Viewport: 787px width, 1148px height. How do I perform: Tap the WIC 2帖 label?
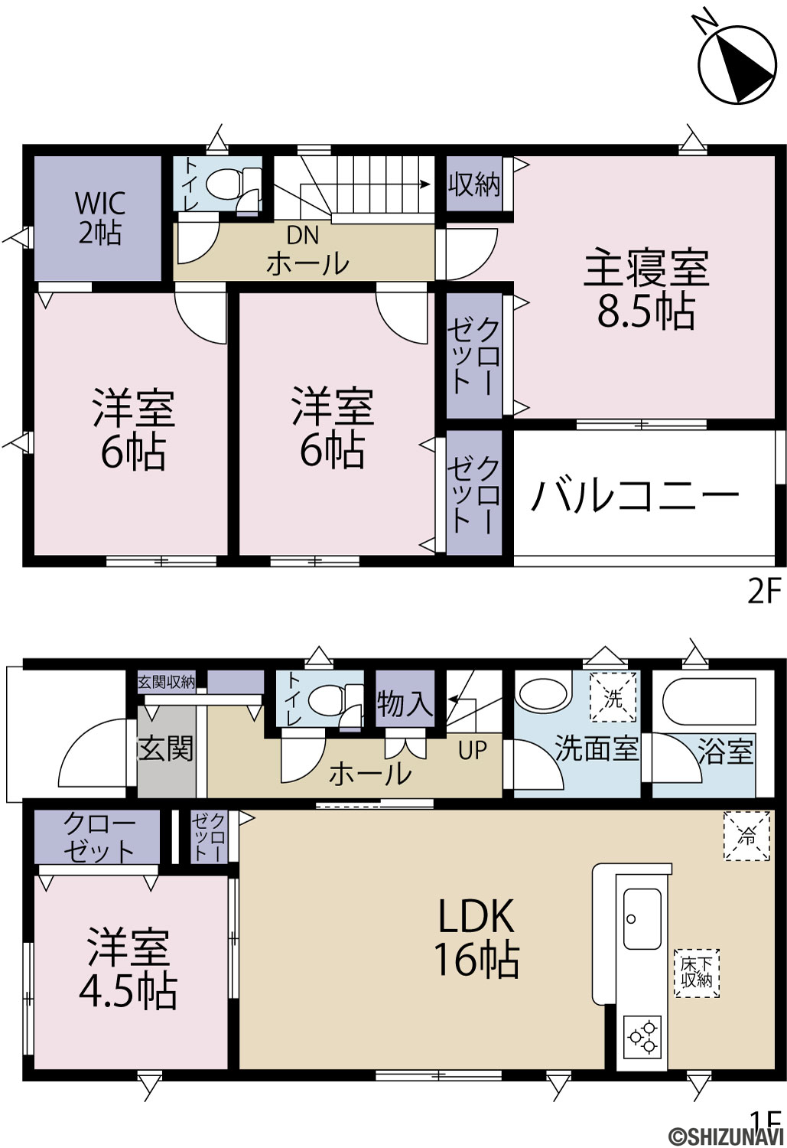(x=100, y=218)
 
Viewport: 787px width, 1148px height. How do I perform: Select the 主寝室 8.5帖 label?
(x=647, y=288)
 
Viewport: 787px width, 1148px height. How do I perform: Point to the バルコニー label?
(x=635, y=497)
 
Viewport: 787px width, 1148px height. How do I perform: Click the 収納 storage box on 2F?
(x=474, y=184)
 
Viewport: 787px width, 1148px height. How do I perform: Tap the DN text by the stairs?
(x=303, y=235)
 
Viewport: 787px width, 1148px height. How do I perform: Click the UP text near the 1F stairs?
(x=472, y=750)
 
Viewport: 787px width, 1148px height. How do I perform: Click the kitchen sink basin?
(x=642, y=918)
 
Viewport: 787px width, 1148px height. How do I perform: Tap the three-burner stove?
(x=642, y=1037)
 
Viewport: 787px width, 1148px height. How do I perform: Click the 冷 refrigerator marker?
(x=746, y=836)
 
